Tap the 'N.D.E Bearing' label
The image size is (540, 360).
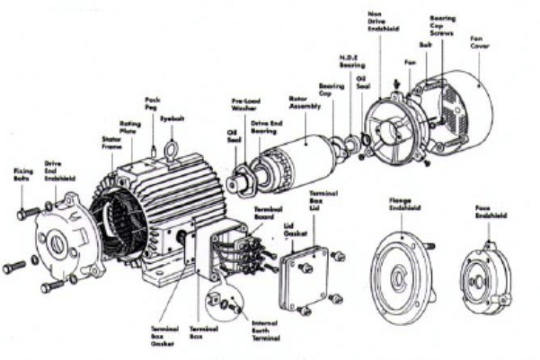(351, 63)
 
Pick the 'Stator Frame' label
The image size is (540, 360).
(111, 143)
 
